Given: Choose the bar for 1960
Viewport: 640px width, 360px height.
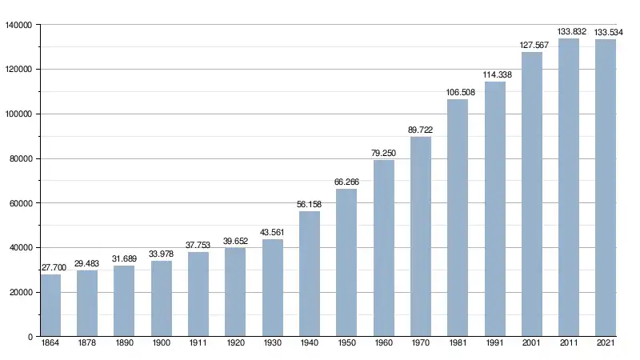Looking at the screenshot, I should click(x=384, y=248).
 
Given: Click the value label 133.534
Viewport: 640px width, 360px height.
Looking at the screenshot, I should click(x=606, y=32).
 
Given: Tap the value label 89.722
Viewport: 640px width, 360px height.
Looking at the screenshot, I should click(x=421, y=130).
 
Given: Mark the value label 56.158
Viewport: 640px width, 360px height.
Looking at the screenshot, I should click(x=310, y=204).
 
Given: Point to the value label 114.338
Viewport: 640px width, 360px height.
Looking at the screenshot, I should click(x=494, y=75).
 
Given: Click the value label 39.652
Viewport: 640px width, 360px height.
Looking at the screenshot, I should click(x=235, y=241).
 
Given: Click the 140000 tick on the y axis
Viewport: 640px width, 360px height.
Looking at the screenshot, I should click(x=18, y=25).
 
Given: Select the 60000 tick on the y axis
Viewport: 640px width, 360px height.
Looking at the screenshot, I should click(x=20, y=203).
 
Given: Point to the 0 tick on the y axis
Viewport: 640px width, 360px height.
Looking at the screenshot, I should click(x=30, y=337).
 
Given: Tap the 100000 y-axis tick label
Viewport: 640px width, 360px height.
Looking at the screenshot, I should click(x=18, y=114).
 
